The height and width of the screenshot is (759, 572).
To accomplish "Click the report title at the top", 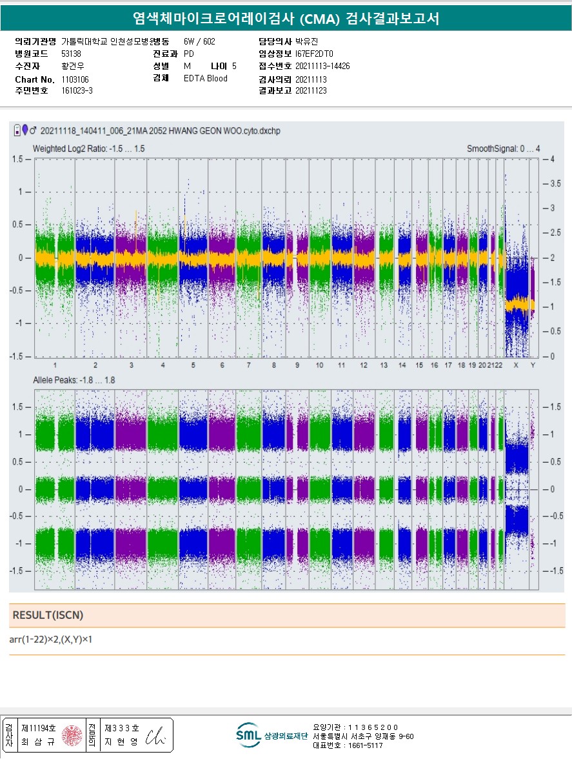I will pyautogui.click(x=286, y=18).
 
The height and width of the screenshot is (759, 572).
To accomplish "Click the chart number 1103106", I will pyautogui.click(x=75, y=79).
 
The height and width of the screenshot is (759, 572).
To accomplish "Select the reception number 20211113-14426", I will pyautogui.click(x=322, y=66).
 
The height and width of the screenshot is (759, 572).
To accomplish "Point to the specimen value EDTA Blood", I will pyautogui.click(x=205, y=79).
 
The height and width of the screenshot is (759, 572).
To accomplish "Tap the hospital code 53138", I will pyautogui.click(x=71, y=54).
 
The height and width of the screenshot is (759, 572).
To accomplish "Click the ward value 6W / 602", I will pyautogui.click(x=199, y=41).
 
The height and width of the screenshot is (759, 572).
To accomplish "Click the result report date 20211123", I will pyautogui.click(x=311, y=91).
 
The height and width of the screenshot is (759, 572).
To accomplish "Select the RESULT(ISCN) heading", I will pyautogui.click(x=48, y=615).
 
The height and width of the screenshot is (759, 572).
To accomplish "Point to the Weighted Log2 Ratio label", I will pyautogui.click(x=88, y=148).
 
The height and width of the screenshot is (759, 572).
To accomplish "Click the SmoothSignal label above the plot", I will pyautogui.click(x=503, y=149).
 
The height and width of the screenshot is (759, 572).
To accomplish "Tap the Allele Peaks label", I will pyautogui.click(x=74, y=380).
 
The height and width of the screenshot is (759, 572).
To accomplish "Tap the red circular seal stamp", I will pyautogui.click(x=72, y=735).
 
